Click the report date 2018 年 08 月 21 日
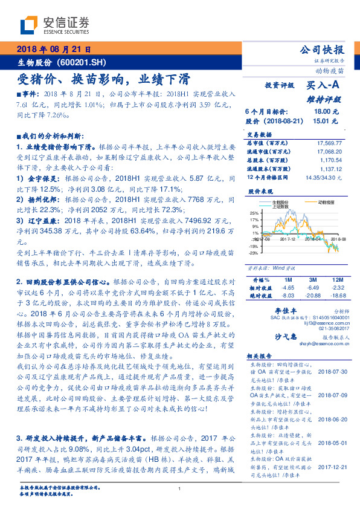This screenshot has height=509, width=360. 54,49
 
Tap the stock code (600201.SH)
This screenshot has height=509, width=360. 85,62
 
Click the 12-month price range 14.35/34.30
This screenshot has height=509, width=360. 324,178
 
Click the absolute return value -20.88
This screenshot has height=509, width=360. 312,295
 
